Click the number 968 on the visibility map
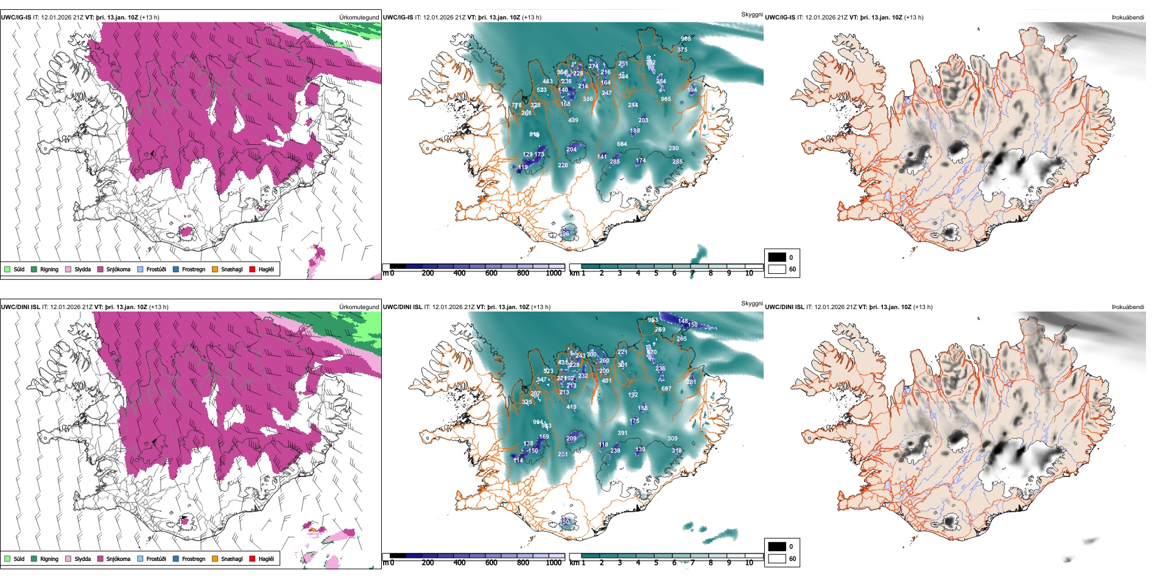pos(686,39)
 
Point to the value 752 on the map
pos(650,62)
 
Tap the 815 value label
pos(534,134)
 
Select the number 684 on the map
pos(622,144)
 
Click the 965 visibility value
pos(666,99)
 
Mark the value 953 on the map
pos(653,320)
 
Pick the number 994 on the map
pos(538,422)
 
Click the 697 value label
pos(666,389)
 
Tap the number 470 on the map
pos(652,352)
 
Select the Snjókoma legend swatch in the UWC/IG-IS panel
pos(100,270)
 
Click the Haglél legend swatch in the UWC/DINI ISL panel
pos(252,559)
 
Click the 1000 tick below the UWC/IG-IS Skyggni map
pos(554,273)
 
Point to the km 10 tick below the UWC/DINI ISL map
pos(749,563)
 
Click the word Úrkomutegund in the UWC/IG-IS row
pos(359,18)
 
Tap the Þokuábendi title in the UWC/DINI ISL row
pos(1128,307)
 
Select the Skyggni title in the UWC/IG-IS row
pos(751,15)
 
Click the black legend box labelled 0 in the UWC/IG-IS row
pos(777,257)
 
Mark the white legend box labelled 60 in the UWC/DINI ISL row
pos(777,559)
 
